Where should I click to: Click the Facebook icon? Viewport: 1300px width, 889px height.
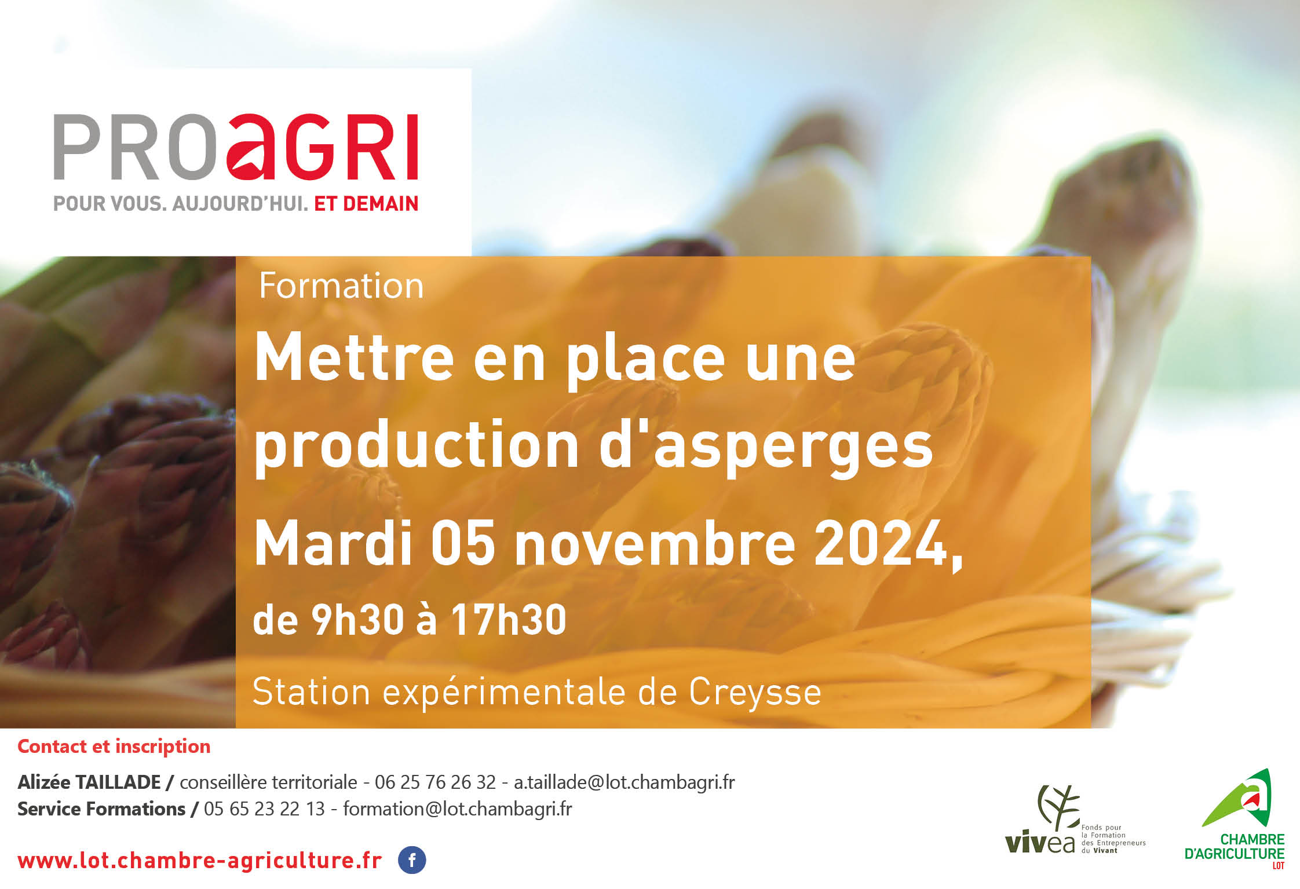412,860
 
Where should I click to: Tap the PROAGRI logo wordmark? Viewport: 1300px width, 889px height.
236,147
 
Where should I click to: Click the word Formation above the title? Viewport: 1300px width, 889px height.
341,286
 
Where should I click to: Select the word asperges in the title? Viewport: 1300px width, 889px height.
793,447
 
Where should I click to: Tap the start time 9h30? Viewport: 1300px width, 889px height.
357,620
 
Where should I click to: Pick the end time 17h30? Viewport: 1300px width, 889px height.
509,620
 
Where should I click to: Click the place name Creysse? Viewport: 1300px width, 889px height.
755,693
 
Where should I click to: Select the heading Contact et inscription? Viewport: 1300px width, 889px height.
114,747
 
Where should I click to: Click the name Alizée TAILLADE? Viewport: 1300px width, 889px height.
89,782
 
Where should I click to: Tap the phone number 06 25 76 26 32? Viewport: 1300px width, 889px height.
435,782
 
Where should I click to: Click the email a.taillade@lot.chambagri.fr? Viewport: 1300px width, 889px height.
624,782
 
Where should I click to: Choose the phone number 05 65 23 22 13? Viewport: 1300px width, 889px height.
264,809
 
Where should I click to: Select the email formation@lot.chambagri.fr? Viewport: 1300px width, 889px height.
457,809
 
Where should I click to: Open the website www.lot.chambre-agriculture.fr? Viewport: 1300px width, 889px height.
200,861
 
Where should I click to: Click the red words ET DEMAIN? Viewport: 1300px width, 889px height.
366,204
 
